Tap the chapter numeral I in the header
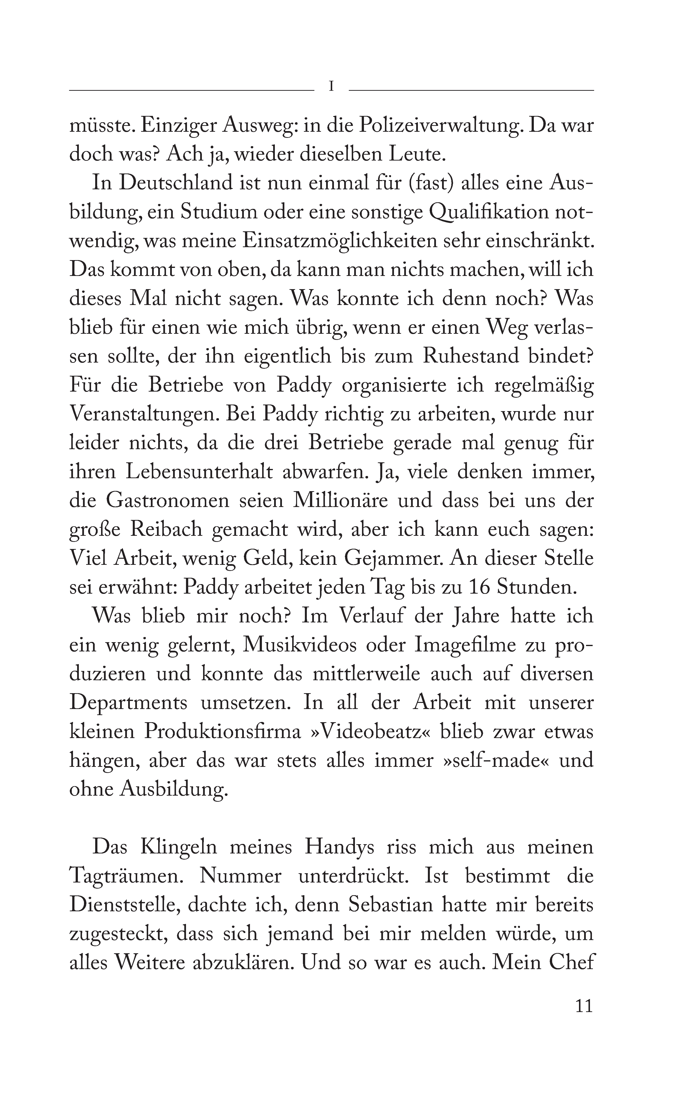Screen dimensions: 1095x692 332,86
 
